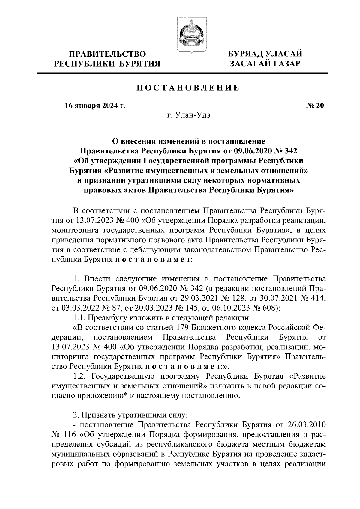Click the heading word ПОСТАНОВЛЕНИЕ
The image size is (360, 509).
pos(188,88)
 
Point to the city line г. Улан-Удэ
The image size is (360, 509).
pos(189,115)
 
